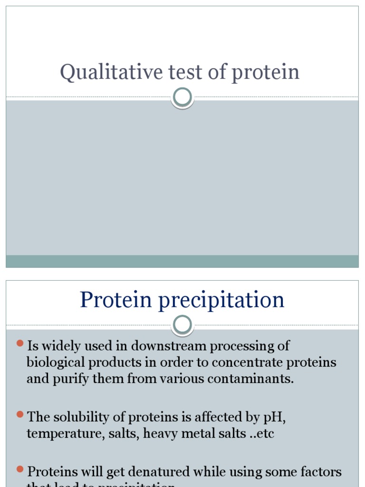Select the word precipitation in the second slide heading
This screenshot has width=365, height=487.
tap(221, 301)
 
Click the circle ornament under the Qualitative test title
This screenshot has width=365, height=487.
tap(182, 97)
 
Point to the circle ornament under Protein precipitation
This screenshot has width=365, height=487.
tap(182, 325)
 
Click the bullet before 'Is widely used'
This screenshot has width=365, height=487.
tap(20, 343)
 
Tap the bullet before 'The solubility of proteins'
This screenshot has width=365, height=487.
tap(20, 414)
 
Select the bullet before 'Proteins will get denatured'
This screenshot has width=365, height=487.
tap(20, 469)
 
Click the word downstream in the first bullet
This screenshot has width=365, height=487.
tap(169, 346)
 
